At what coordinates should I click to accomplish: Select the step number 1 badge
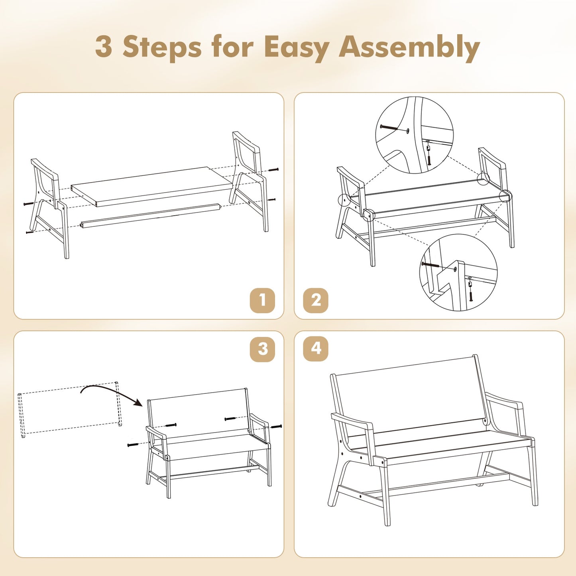click(262, 300)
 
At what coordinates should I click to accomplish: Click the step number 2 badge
click(315, 300)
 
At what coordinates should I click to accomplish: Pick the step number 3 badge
click(262, 349)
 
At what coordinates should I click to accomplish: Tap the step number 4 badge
click(315, 349)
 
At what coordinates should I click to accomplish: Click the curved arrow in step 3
click(112, 392)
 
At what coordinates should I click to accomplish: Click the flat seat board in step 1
click(151, 186)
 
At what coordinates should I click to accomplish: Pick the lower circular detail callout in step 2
click(458, 273)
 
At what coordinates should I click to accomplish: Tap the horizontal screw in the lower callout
click(430, 265)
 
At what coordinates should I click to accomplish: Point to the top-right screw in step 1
click(273, 169)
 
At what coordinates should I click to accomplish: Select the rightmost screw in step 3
click(276, 427)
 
